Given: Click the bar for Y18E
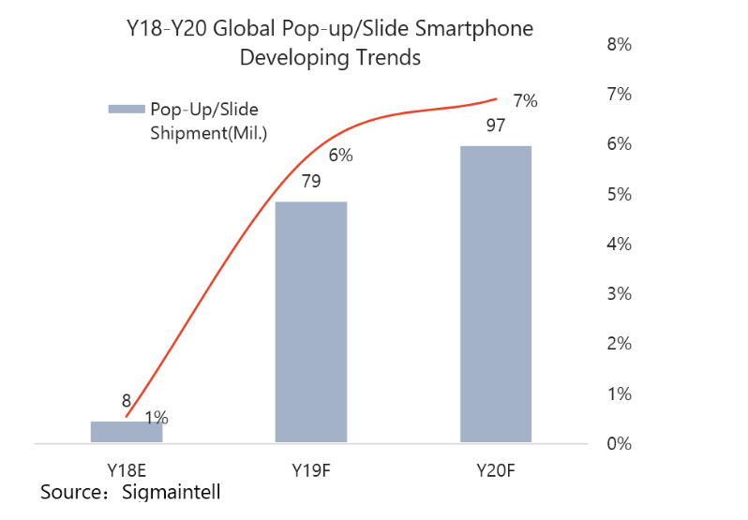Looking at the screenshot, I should point(127,431).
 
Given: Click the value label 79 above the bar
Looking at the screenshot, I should point(311,181).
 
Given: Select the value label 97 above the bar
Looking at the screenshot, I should point(497,126).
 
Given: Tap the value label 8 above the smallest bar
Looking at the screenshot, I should point(127,401).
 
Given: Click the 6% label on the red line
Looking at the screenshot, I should point(340,156).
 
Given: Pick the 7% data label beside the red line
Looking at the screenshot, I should point(525,101).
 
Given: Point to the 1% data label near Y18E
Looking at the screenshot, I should point(157,418).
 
